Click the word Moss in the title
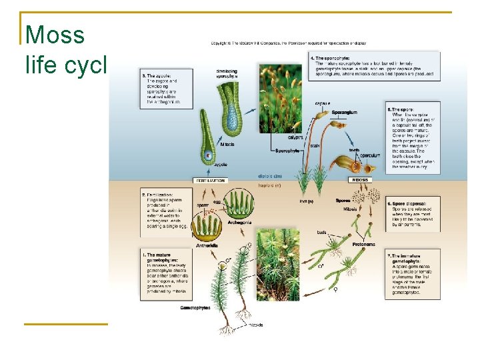coord(55,35)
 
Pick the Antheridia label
coord(207,245)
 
